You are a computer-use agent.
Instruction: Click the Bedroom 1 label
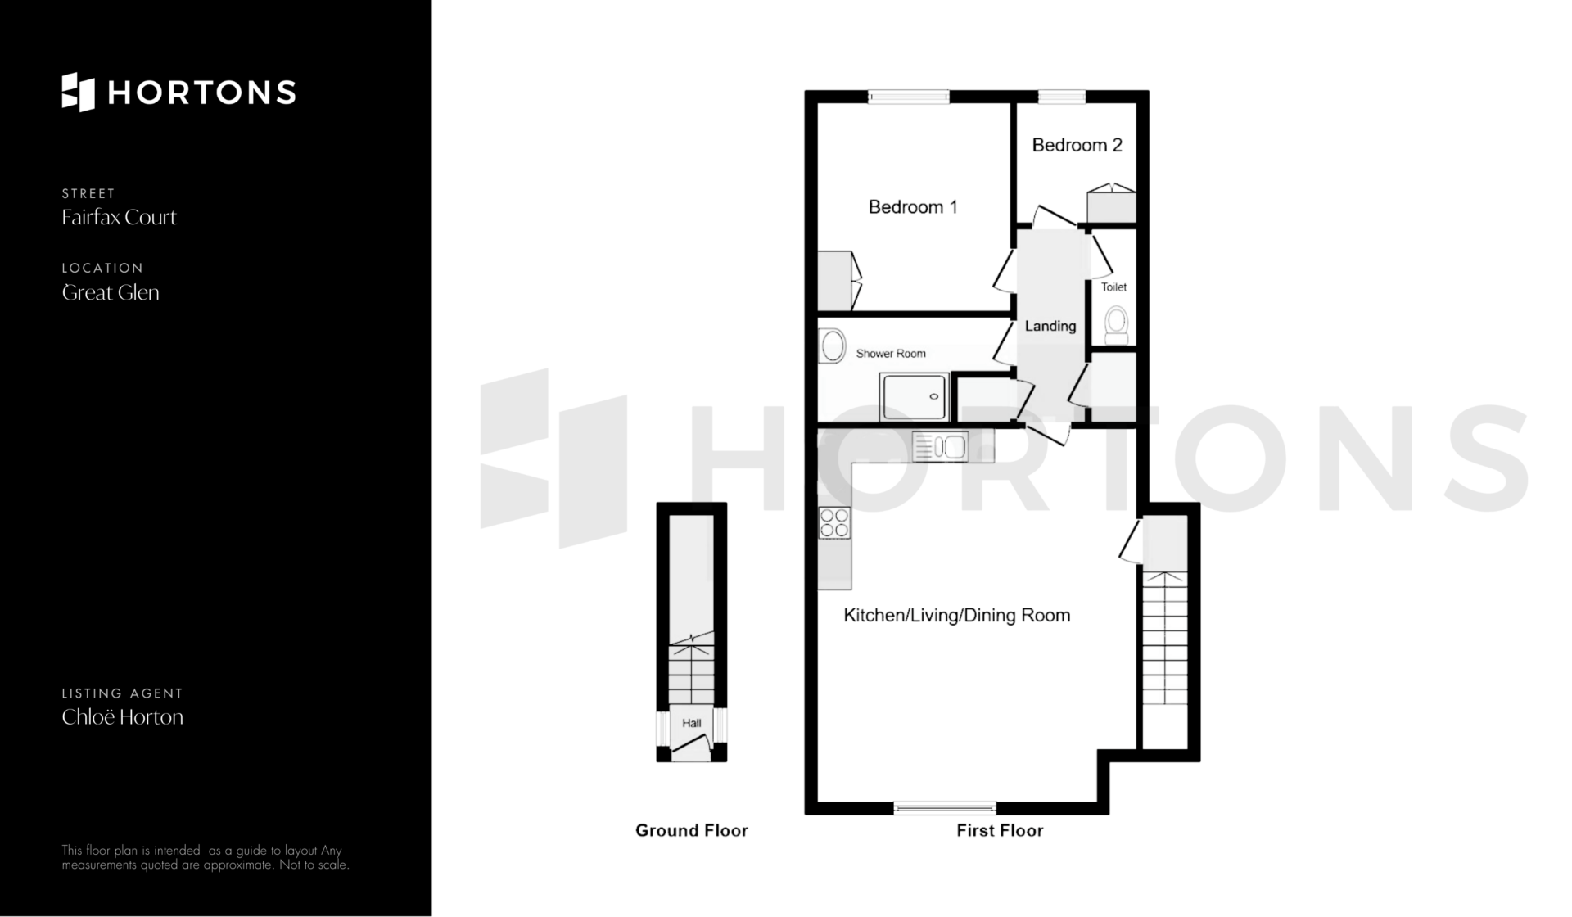(913, 207)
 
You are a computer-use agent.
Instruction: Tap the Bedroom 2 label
(1077, 145)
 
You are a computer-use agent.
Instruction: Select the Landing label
(1050, 326)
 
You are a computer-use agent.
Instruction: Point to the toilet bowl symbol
(1116, 325)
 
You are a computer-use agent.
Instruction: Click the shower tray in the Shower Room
(915, 397)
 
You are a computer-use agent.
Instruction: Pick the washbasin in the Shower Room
(833, 346)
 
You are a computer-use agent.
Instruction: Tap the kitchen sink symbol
(940, 447)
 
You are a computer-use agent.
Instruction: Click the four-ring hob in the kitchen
(834, 523)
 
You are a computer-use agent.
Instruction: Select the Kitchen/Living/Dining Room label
(957, 615)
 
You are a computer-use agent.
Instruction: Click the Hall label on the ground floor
(692, 723)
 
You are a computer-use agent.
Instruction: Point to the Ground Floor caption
(692, 830)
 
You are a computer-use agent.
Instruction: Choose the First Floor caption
(1000, 830)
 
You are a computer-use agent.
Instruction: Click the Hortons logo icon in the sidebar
(79, 92)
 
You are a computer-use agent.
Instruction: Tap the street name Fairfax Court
(120, 217)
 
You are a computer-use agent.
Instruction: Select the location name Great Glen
(111, 292)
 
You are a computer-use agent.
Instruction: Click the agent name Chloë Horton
(123, 717)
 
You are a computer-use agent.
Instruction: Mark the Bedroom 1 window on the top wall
(909, 97)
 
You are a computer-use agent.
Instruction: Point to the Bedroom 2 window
(1062, 97)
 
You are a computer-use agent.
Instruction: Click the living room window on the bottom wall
(945, 808)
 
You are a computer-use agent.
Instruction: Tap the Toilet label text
(1113, 287)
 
